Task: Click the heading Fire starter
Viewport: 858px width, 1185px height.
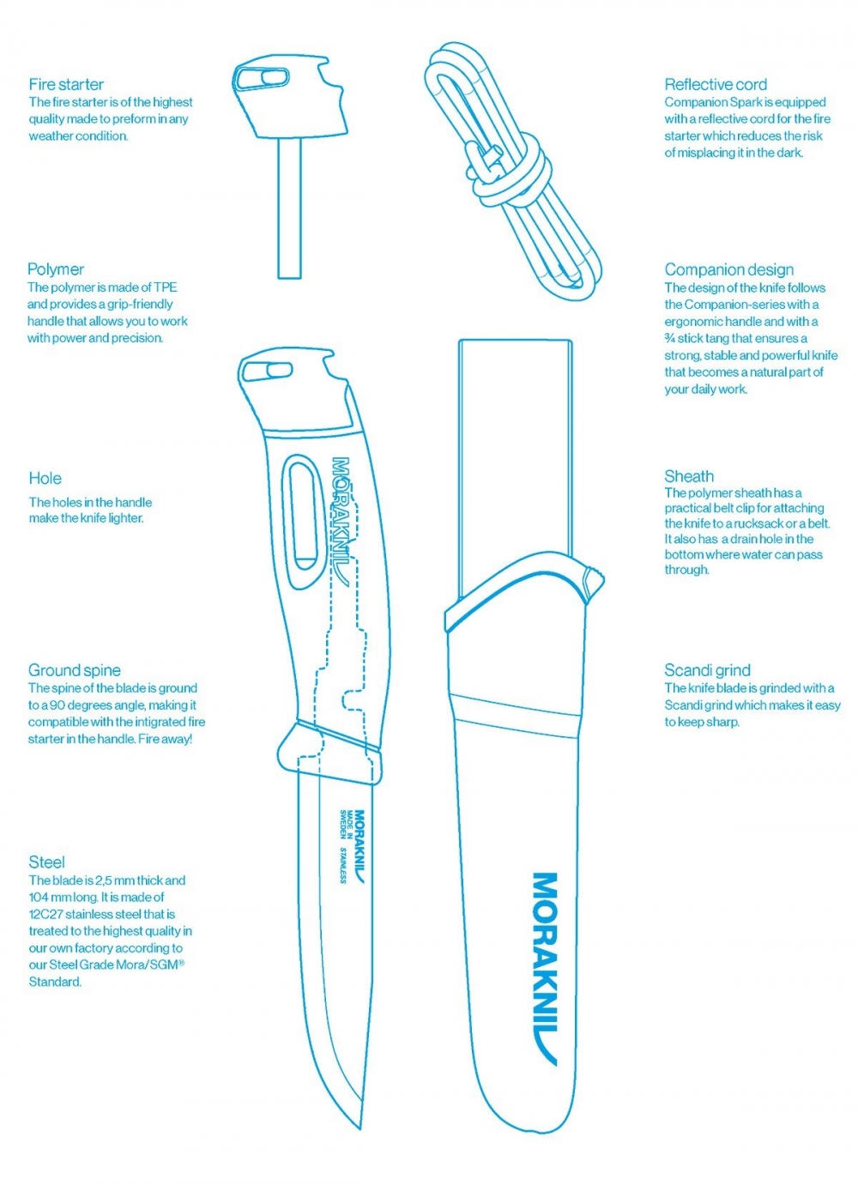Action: click(x=66, y=84)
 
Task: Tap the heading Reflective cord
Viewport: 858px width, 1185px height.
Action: click(x=716, y=84)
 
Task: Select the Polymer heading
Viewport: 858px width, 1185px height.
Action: click(x=56, y=269)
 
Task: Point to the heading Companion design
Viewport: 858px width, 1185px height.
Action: click(x=729, y=269)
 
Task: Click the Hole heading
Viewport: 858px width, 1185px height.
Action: click(x=45, y=478)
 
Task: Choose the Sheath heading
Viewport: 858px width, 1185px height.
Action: click(x=689, y=475)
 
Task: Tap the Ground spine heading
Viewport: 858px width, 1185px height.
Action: click(x=74, y=670)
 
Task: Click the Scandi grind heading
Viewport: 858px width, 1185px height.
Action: click(x=707, y=670)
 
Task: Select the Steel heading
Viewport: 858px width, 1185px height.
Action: click(x=46, y=862)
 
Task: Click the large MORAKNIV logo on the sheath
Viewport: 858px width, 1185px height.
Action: click(x=545, y=969)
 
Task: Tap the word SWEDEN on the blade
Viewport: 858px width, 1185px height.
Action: click(x=343, y=825)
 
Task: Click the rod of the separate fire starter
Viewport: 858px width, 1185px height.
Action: click(x=289, y=208)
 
